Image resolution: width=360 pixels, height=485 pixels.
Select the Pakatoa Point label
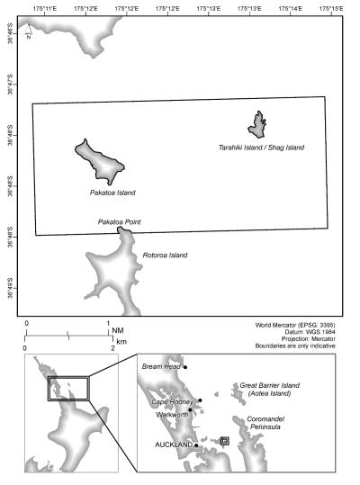coord(119,221)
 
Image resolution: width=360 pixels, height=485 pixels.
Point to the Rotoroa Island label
coord(166,256)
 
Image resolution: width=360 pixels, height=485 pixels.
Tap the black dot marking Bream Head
coord(184,367)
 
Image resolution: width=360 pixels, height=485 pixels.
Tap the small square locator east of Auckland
coord(224,441)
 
